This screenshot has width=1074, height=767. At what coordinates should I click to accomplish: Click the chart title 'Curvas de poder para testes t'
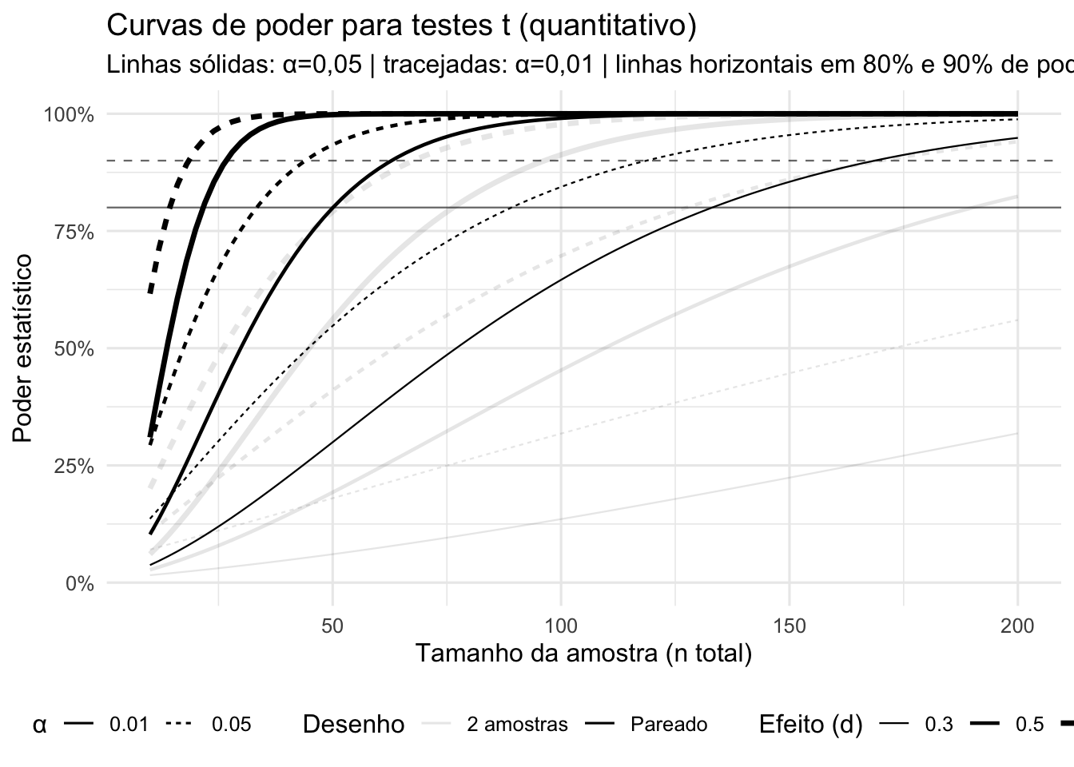(x=401, y=26)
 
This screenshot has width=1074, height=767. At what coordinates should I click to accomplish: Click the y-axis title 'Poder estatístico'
(x=23, y=348)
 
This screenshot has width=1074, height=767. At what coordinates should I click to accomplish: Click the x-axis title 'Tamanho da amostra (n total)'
(x=583, y=654)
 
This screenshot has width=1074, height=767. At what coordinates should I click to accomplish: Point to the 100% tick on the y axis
(x=69, y=114)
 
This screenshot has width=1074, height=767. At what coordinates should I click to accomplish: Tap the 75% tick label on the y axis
(x=73, y=232)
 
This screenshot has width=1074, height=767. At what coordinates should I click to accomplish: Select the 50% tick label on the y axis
(x=73, y=348)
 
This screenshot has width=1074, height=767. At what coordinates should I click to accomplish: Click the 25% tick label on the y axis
(x=73, y=466)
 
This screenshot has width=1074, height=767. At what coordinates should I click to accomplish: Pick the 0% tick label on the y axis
(x=78, y=583)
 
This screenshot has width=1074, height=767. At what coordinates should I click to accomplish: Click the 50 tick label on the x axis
(x=332, y=625)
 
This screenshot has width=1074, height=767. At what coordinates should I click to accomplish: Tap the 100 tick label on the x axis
(x=561, y=625)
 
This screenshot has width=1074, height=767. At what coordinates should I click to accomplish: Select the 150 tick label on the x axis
(x=790, y=625)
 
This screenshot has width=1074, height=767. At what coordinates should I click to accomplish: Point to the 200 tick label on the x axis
(x=1017, y=625)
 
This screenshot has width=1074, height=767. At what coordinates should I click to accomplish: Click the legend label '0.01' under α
(x=129, y=725)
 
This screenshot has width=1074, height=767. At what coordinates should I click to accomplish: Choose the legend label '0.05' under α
(x=231, y=725)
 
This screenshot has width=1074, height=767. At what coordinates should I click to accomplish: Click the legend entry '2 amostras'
(x=517, y=725)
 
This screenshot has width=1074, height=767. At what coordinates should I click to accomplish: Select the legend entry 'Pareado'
(x=668, y=725)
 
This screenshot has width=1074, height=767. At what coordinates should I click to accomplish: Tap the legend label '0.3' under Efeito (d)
(x=938, y=725)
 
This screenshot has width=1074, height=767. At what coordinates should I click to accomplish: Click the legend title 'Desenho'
(x=353, y=725)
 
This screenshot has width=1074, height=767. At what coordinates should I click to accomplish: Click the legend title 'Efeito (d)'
(x=809, y=725)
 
